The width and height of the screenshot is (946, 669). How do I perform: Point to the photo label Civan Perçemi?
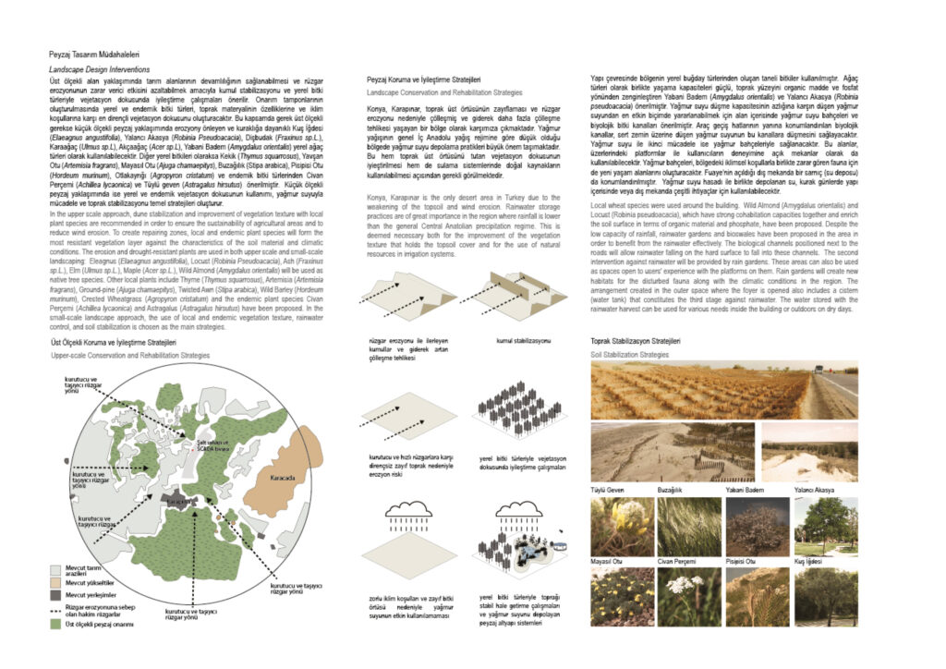point(677,561)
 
